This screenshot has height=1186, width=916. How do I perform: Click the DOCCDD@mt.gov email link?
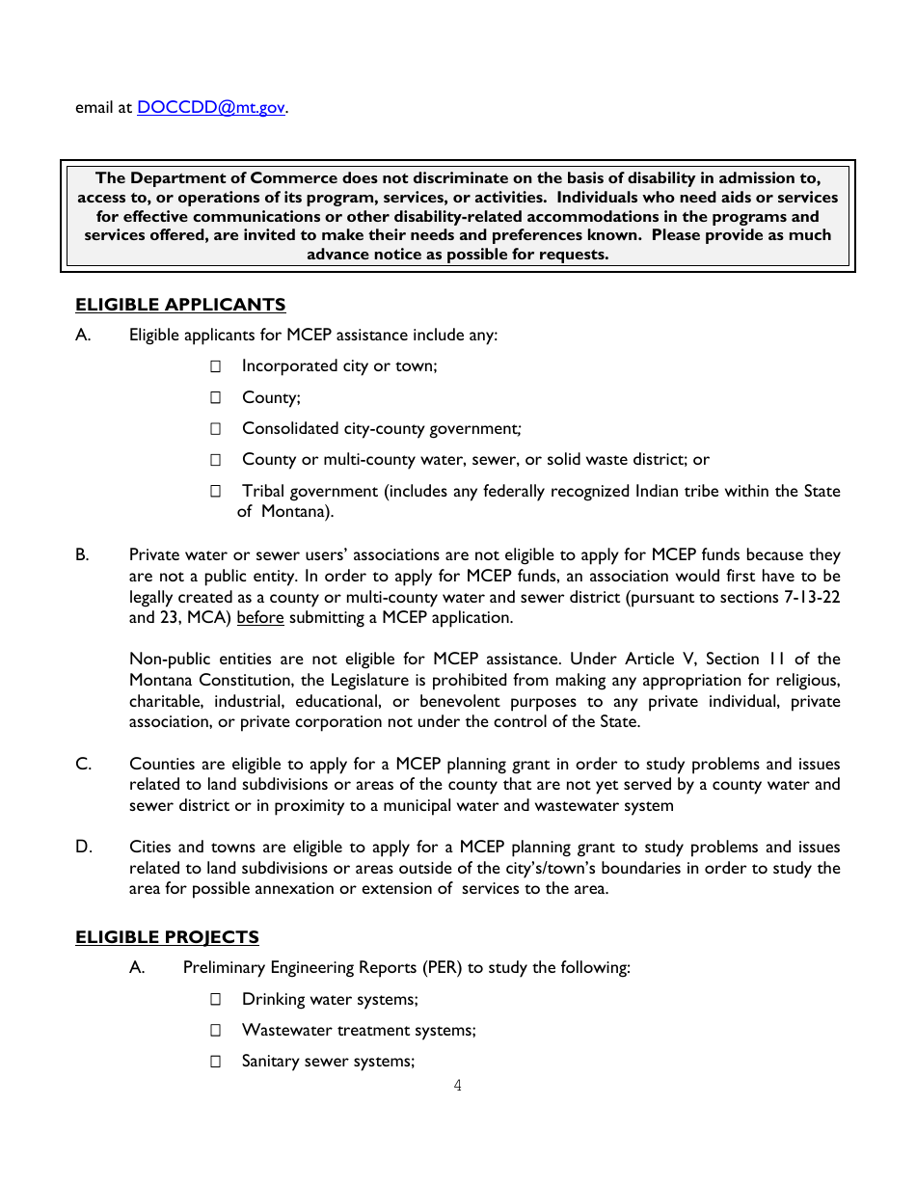click(211, 108)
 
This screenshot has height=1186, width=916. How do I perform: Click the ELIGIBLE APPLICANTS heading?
click(180, 305)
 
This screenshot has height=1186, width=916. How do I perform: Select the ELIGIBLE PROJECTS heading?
click(167, 937)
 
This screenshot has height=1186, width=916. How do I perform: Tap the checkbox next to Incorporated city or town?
click(216, 366)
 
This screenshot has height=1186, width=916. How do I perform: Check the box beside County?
click(216, 397)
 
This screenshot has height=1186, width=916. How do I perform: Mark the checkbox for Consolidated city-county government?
click(216, 429)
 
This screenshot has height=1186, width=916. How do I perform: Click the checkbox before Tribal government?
click(216, 492)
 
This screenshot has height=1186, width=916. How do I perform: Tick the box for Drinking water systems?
click(216, 1000)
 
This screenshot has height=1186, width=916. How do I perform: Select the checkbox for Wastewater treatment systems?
click(216, 1031)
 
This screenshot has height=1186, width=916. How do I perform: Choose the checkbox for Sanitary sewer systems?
click(216, 1062)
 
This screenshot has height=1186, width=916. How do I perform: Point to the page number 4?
click(458, 1086)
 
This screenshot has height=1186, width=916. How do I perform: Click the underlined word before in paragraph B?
click(260, 618)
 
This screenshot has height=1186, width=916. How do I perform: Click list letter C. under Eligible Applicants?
click(84, 764)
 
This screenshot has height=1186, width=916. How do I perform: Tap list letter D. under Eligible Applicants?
click(84, 848)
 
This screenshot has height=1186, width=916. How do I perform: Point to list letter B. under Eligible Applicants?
click(83, 555)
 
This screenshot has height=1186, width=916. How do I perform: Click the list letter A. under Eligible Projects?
click(137, 968)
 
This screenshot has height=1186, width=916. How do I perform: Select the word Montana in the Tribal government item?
click(294, 512)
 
